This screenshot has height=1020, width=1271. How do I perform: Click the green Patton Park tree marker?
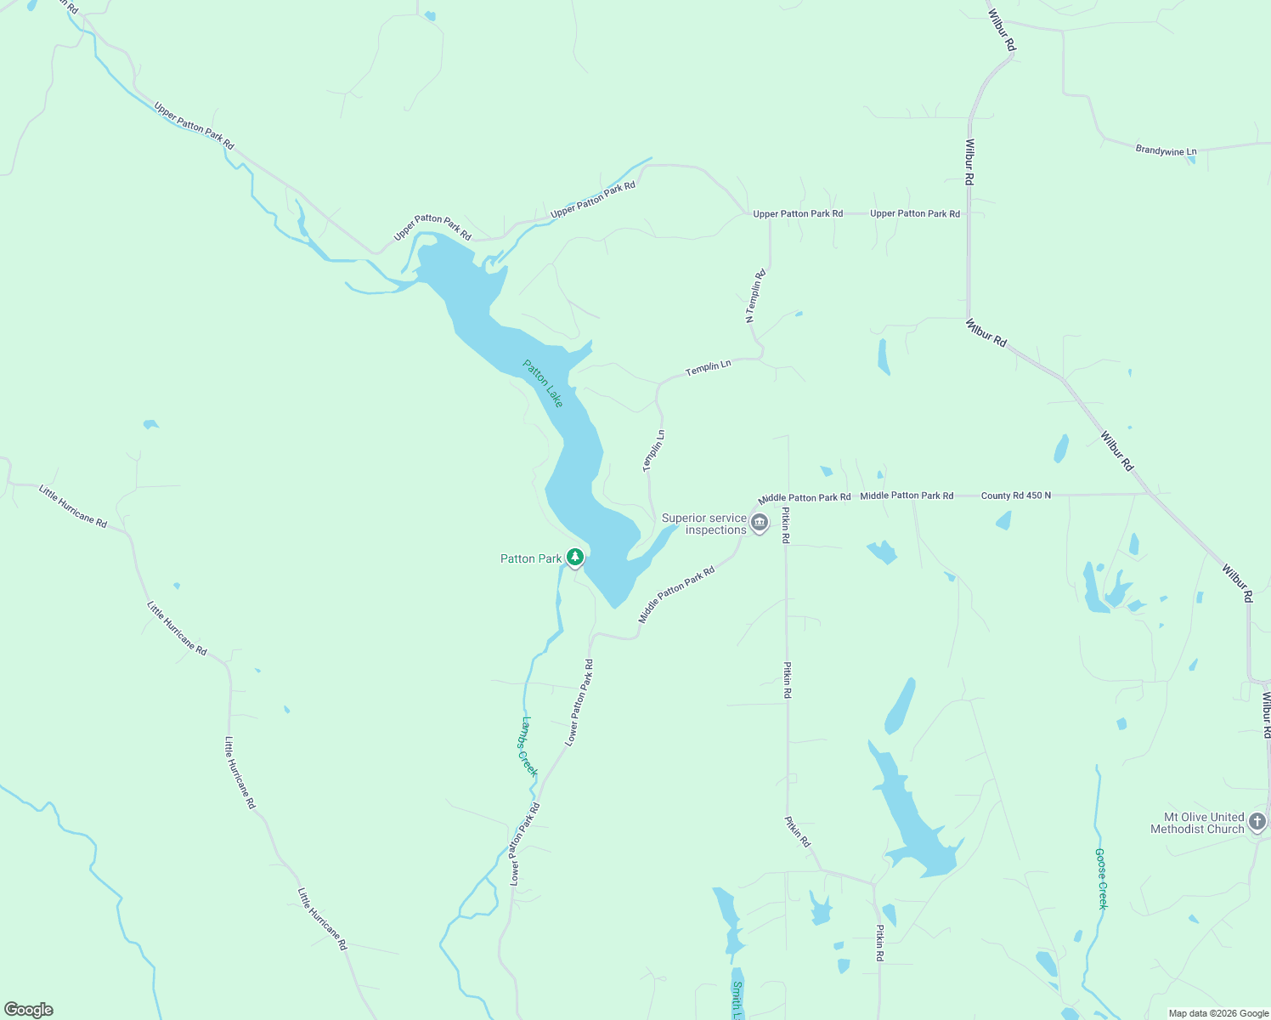point(575,558)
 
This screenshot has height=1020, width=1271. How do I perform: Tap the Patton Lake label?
point(543,383)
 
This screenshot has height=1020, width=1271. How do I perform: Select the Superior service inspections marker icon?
point(760,522)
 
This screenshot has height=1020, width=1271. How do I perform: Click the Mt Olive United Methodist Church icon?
point(1257,822)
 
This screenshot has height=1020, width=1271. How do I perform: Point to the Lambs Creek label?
point(528,746)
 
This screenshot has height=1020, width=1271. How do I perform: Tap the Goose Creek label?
point(1101,878)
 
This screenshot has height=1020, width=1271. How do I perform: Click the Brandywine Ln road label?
point(1166,150)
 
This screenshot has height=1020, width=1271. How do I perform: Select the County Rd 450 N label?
point(1015,496)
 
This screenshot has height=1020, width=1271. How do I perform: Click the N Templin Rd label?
point(755,296)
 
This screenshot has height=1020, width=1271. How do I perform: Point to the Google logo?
point(29,1010)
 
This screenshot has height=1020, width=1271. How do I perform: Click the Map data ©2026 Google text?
point(1218,1013)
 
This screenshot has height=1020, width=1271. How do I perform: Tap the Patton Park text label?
point(531,558)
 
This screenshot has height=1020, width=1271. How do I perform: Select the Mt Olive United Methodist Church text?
point(1197,823)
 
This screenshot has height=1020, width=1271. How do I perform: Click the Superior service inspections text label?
point(703,524)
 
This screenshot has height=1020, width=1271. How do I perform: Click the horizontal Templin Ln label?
point(708,367)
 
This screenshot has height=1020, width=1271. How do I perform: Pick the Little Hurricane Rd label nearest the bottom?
point(322,919)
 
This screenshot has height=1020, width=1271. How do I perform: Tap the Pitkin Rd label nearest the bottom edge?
point(880,943)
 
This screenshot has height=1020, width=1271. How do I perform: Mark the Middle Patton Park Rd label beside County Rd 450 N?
point(907,496)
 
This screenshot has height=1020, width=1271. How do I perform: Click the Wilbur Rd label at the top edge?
point(1002,31)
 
